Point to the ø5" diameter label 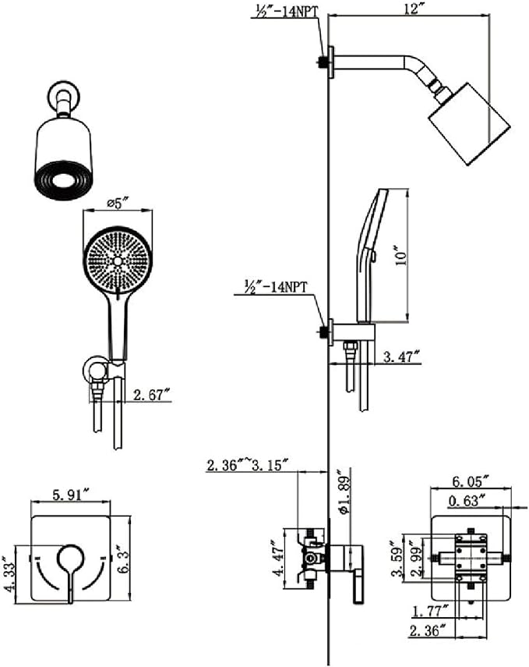(118, 205)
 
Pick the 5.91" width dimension (70, 494)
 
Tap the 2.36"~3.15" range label (247, 466)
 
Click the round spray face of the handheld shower (118, 258)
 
